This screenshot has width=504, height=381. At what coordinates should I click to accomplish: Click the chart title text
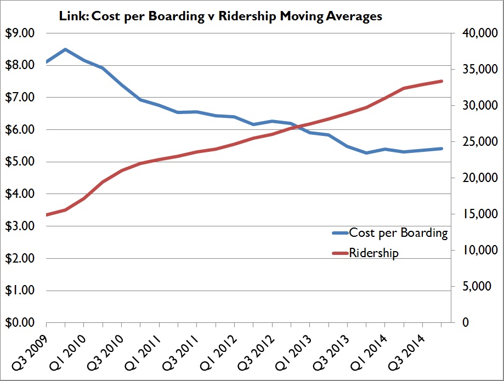click(220, 16)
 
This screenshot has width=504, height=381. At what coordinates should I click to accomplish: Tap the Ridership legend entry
click(373, 253)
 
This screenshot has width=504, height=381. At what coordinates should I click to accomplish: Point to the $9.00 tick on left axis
click(21, 33)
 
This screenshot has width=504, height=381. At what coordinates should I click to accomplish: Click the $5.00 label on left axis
click(21, 162)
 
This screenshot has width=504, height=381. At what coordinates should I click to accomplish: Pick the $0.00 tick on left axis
click(21, 322)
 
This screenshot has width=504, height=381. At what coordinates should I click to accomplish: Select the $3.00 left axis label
click(21, 226)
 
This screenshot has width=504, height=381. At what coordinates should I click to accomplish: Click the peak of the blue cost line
click(65, 49)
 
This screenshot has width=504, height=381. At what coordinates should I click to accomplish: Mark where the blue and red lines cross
click(294, 127)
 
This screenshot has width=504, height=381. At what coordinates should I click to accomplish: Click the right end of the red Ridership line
click(442, 81)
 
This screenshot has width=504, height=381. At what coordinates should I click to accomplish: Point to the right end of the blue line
click(442, 149)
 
